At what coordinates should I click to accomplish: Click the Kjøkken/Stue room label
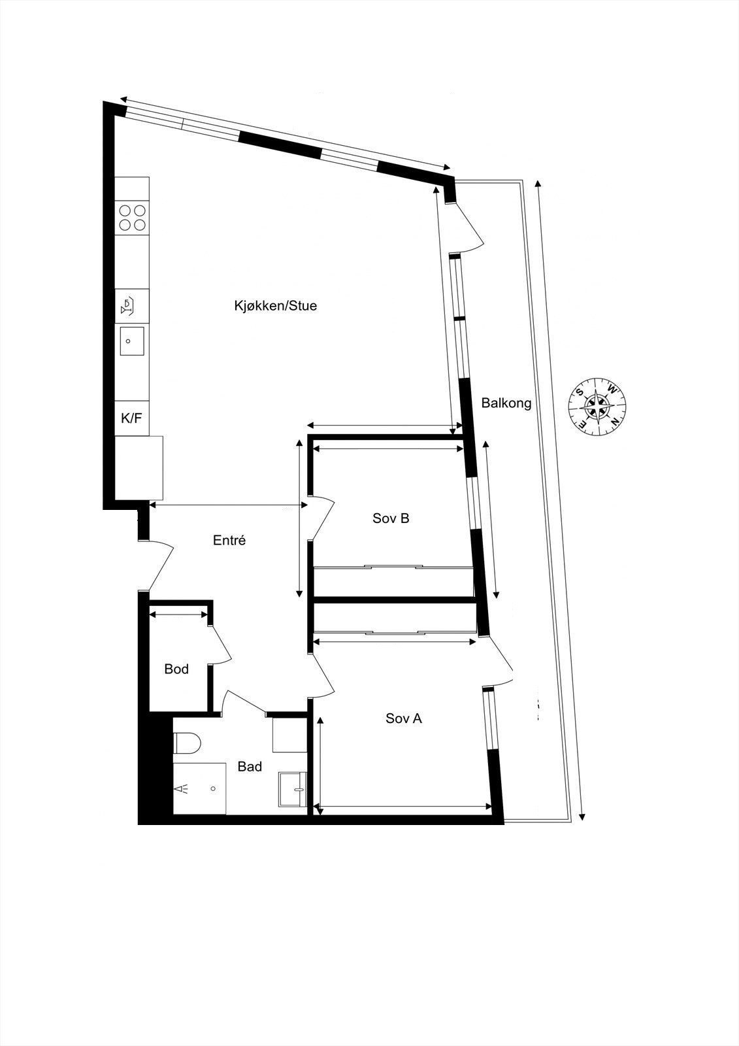pos(275,305)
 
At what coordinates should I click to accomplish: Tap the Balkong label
pos(506,403)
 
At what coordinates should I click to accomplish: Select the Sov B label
pos(391,518)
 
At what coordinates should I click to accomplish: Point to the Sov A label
pos(403,718)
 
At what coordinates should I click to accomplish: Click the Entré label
pos(229,541)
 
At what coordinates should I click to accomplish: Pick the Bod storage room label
pos(176,669)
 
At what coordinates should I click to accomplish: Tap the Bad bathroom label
pos(250,766)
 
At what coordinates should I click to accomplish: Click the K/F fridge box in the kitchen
pos(132,418)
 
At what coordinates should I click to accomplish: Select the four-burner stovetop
pos(132,218)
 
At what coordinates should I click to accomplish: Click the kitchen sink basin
pos(132,341)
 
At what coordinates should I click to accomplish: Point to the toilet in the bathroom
pos(187,743)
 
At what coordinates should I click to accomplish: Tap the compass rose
pos(598,406)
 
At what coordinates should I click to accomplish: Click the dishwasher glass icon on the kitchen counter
pos(129,305)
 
